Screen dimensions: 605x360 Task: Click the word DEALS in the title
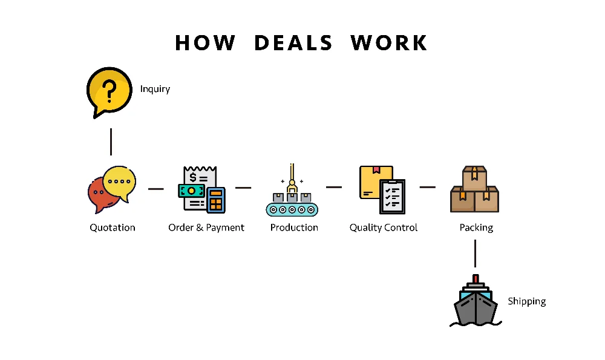[x=293, y=43]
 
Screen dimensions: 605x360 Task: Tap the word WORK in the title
[x=389, y=43]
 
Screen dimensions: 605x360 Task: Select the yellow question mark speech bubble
[x=109, y=91]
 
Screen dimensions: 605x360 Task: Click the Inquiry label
[x=155, y=89]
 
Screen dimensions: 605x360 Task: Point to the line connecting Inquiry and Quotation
[x=111, y=142]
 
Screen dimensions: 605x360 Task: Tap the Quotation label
[x=113, y=227]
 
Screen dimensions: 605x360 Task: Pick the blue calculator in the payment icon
[x=215, y=200]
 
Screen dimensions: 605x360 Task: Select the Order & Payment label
[x=206, y=227]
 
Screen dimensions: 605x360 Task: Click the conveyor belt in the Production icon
[x=292, y=209]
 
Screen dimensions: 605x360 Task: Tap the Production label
[x=294, y=227]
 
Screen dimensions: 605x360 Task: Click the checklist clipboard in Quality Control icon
[x=392, y=196]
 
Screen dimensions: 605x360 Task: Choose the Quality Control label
[x=384, y=227]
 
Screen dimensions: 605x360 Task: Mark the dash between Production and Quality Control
[x=333, y=187]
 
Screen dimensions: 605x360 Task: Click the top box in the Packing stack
[x=475, y=176]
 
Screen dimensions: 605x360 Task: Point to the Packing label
[x=476, y=227]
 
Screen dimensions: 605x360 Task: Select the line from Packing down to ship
[x=475, y=253]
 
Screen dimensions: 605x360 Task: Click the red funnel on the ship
[x=476, y=279]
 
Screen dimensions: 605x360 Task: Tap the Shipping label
[x=526, y=301]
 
